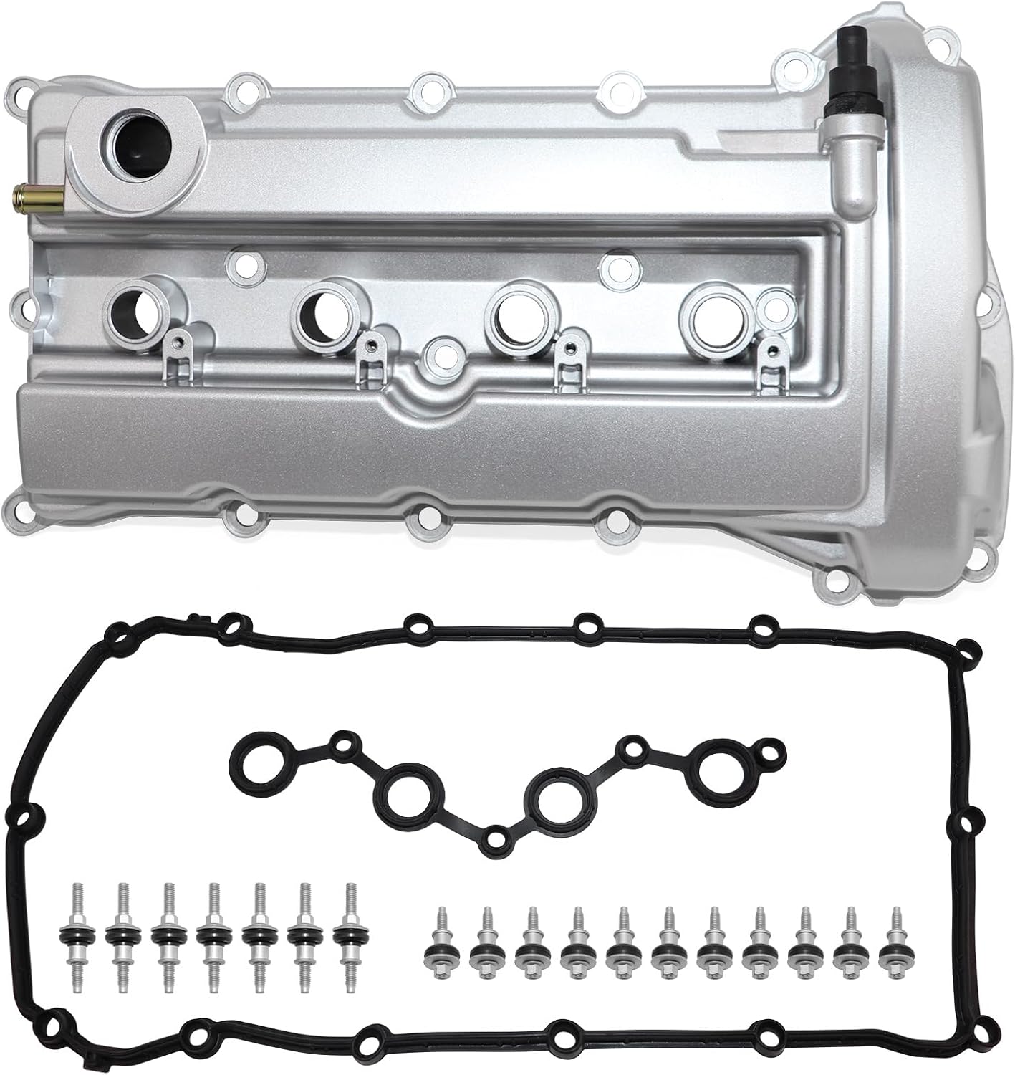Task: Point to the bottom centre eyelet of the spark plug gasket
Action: click(494, 839)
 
